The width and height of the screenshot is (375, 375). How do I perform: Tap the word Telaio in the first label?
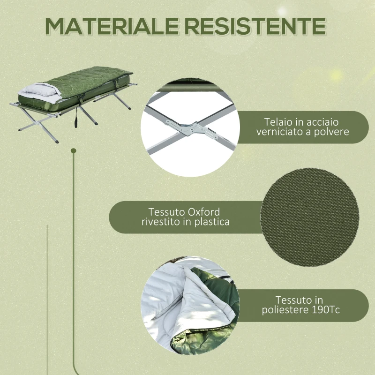tap(277, 121)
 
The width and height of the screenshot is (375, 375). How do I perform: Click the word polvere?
tap(333, 132)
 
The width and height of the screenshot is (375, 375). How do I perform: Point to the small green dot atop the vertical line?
tap(73, 150)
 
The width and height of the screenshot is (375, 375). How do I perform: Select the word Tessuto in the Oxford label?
tap(166, 212)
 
